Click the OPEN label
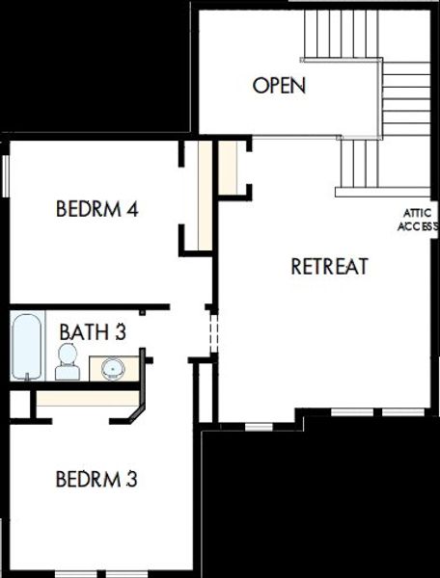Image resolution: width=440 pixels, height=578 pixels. [279, 86]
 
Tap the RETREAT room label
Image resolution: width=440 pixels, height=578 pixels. [329, 267]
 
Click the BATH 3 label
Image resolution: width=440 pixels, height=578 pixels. [93, 332]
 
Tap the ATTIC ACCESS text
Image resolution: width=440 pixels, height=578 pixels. [419, 221]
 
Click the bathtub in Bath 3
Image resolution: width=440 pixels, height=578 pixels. [27, 347]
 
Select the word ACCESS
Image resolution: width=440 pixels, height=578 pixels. [419, 227]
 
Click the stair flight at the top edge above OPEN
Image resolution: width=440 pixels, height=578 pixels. [338, 32]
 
